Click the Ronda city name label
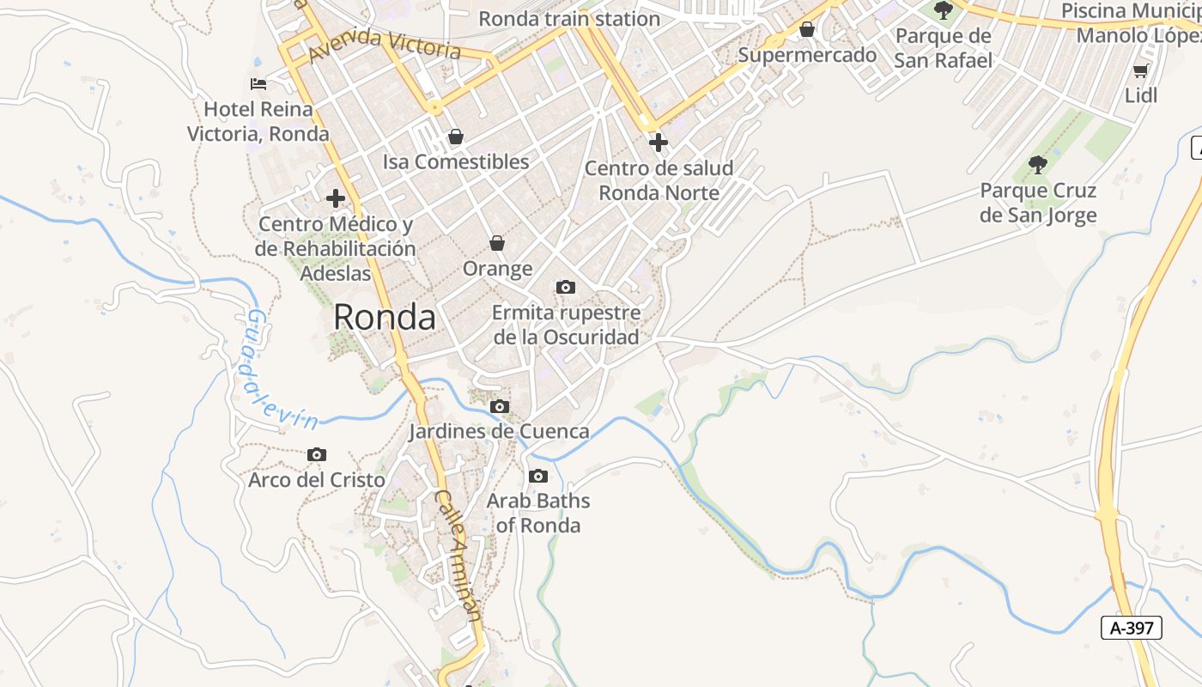click(x=384, y=317)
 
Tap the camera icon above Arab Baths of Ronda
click(x=538, y=476)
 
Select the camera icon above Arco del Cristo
click(x=317, y=454)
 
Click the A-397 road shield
click(x=1131, y=628)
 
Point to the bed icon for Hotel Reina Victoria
click(x=258, y=83)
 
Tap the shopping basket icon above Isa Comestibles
click(x=456, y=137)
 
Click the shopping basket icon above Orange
click(x=497, y=244)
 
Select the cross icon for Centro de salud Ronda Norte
click(x=659, y=142)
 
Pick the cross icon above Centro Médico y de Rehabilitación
click(x=336, y=198)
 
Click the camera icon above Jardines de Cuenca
click(x=499, y=406)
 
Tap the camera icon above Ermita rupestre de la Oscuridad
click(x=565, y=287)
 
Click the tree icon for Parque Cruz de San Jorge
click(x=1038, y=164)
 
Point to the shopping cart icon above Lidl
click(x=1141, y=70)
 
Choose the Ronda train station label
click(x=569, y=18)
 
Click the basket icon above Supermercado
click(x=807, y=30)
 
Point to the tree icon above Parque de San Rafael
click(x=944, y=10)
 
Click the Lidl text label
click(x=1141, y=95)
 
